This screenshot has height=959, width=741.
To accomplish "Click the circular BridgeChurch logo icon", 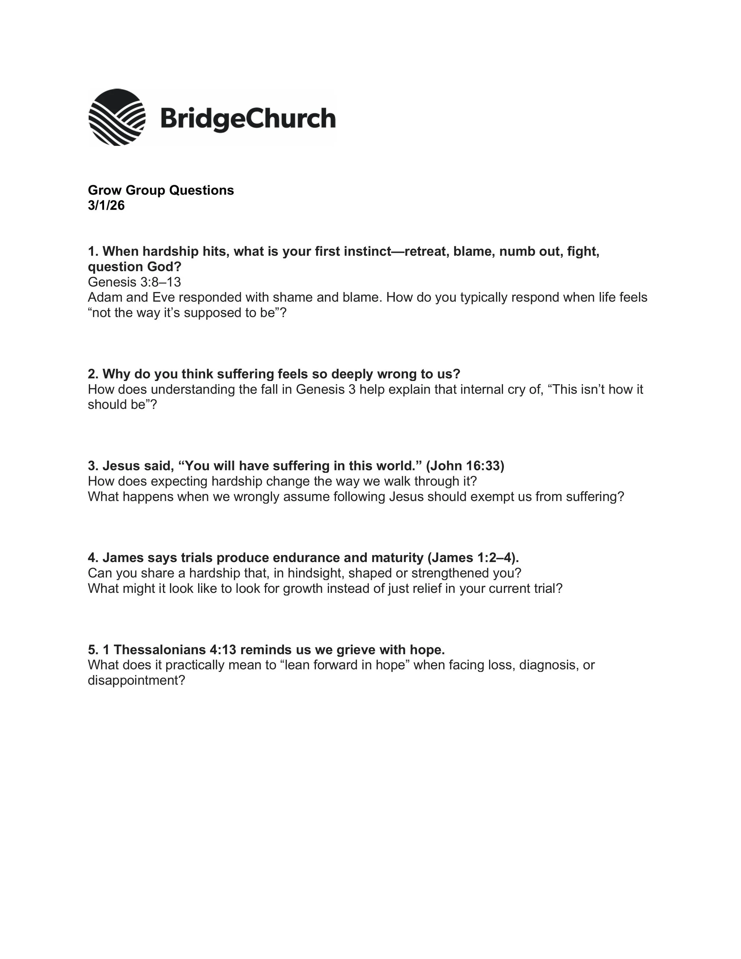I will (117, 117).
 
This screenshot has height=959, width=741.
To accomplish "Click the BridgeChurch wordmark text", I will (248, 119).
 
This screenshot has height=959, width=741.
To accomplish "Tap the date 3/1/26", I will (106, 205).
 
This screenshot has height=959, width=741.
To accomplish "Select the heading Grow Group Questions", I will (161, 190).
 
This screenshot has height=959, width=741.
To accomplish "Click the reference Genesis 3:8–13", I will (134, 282).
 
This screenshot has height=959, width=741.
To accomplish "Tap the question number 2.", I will (92, 374).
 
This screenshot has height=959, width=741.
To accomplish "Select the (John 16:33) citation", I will (465, 466).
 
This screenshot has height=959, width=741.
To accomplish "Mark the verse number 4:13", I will (223, 650).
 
